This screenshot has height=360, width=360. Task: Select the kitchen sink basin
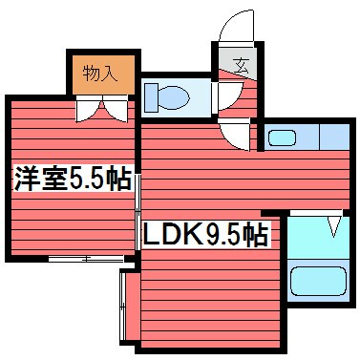[x=281, y=138]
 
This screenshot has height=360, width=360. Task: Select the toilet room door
[x=225, y=96]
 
